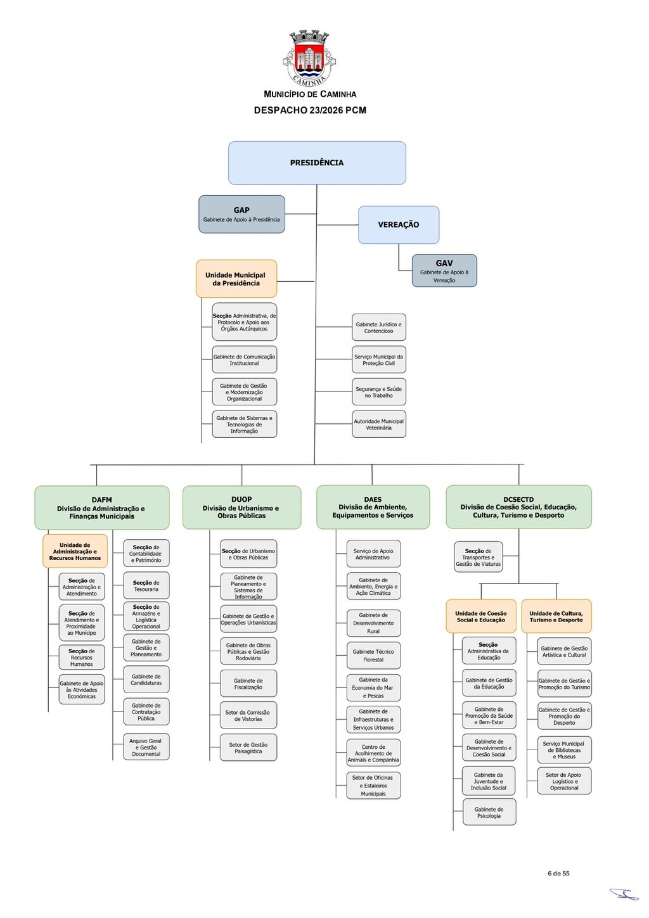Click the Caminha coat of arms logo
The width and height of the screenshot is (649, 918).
[309, 58]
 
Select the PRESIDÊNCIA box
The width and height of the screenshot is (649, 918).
[317, 163]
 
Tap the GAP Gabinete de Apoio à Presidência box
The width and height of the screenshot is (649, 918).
[241, 214]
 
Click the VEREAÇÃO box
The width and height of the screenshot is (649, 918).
[399, 224]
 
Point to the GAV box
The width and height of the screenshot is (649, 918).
[444, 271]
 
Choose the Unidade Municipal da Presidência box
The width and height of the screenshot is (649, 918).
[236, 279]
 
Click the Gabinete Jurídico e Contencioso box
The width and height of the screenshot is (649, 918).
[379, 327]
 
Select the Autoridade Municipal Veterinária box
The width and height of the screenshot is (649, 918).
[379, 424]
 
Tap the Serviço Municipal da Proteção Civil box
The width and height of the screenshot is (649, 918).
[379, 359]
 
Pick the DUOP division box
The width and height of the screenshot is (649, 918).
[241, 507]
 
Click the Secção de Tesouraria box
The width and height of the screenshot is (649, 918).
[146, 585]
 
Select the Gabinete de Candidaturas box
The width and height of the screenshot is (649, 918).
[146, 680]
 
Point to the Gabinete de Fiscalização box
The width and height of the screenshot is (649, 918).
[248, 684]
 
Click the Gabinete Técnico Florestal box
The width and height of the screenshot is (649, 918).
[373, 656]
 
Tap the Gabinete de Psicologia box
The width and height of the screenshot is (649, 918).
[489, 812]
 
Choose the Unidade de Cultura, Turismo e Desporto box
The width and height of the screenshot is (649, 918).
[556, 616]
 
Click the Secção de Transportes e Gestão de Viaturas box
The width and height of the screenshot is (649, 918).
[479, 557]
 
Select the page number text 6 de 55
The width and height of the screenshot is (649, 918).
[558, 873]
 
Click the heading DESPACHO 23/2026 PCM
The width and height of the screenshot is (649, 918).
[310, 110]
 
